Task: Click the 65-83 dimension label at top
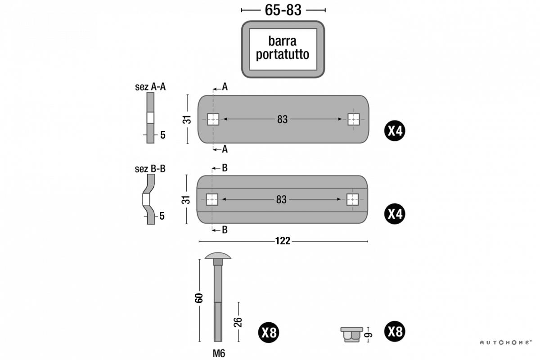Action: pyautogui.click(x=283, y=10)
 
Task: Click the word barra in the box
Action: pyautogui.click(x=282, y=41)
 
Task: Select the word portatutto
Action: pyautogui.click(x=282, y=55)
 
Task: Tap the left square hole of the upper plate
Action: pyautogui.click(x=213, y=119)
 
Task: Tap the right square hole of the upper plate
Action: pyautogui.click(x=354, y=119)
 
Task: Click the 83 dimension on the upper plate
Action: pyautogui.click(x=282, y=119)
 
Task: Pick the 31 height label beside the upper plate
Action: pyautogui.click(x=187, y=120)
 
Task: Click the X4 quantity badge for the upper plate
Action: pyautogui.click(x=395, y=131)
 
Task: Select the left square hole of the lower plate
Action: pyautogui.click(x=212, y=199)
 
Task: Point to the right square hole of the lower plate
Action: pyautogui.click(x=353, y=199)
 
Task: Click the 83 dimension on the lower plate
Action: pyautogui.click(x=281, y=199)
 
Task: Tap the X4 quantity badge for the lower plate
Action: pyautogui.click(x=395, y=214)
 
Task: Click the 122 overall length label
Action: pyautogui.click(x=283, y=242)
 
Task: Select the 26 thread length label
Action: pyautogui.click(x=238, y=322)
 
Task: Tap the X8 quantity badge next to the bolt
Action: pyautogui.click(x=269, y=333)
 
